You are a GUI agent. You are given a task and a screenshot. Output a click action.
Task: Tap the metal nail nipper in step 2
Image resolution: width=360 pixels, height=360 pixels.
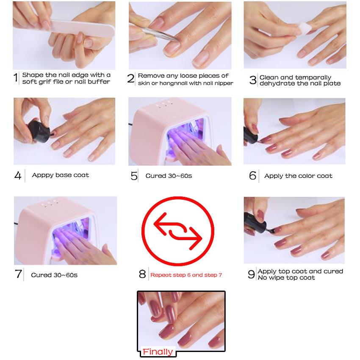[158, 34]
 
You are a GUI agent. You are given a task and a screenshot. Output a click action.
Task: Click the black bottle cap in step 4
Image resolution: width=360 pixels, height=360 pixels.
[39, 131]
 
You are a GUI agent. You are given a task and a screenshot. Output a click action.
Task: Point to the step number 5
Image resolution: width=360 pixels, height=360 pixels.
[134, 176]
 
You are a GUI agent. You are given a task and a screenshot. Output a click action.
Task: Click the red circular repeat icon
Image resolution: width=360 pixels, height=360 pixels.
[178, 231]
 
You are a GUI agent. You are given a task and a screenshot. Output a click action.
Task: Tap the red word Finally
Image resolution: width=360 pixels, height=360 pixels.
[158, 352]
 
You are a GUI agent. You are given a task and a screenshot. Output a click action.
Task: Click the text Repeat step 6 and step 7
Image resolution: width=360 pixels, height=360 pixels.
[186, 275]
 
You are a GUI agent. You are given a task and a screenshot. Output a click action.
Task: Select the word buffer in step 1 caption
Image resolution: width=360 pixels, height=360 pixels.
[99, 81]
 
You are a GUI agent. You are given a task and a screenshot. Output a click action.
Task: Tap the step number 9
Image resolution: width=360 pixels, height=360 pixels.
[251, 274]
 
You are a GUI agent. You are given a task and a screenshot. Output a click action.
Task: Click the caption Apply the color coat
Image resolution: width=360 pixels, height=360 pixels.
[298, 176]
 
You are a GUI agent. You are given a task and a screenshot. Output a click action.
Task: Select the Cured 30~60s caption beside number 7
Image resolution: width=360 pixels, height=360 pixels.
[54, 275]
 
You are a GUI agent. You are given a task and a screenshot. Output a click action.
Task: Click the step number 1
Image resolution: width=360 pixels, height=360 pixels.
[16, 78]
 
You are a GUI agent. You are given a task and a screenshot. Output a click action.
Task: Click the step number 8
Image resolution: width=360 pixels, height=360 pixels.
[142, 274]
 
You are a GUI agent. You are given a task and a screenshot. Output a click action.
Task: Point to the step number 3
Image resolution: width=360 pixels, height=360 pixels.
[253, 80]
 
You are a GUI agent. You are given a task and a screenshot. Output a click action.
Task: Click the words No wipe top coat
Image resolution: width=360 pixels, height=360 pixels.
[286, 278]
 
